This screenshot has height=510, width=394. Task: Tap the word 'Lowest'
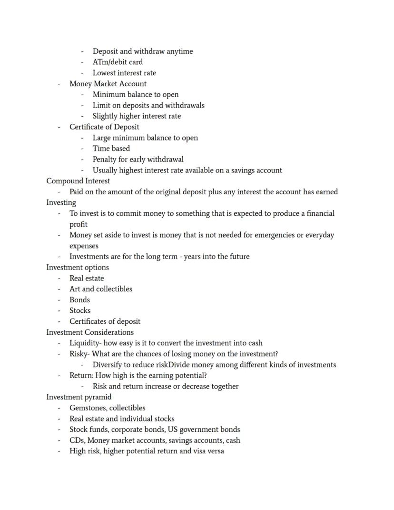pyautogui.click(x=104, y=73)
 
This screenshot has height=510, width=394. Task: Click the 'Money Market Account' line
pyautogui.click(x=108, y=84)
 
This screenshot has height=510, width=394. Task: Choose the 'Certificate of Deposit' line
pyautogui.click(x=104, y=127)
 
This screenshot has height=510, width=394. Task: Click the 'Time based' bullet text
pyautogui.click(x=111, y=148)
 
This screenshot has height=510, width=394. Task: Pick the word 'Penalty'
pyautogui.click(x=106, y=159)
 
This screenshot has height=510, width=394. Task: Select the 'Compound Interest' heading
pyautogui.click(x=78, y=181)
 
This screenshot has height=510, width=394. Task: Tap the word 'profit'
pyautogui.click(x=79, y=224)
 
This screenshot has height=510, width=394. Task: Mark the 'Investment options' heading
pyautogui.click(x=78, y=267)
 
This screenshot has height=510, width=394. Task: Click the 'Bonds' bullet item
pyautogui.click(x=79, y=300)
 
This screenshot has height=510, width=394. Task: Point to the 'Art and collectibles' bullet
pyautogui.click(x=101, y=289)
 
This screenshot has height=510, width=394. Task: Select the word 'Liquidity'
pyautogui.click(x=85, y=343)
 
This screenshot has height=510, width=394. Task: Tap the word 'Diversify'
pyautogui.click(x=108, y=365)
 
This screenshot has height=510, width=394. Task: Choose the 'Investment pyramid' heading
pyautogui.click(x=79, y=397)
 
